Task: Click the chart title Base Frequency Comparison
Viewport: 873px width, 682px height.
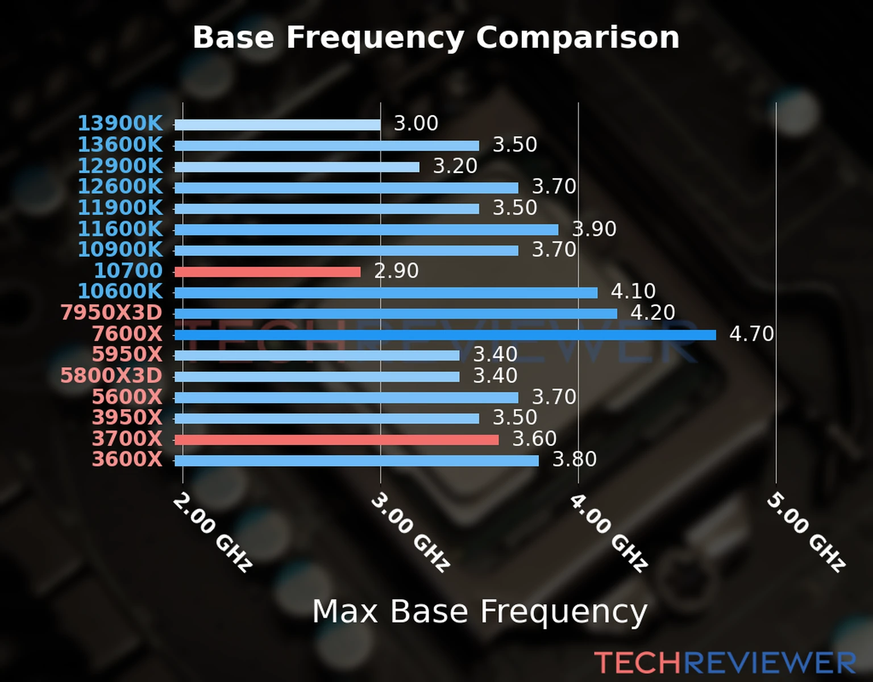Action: coord(436,38)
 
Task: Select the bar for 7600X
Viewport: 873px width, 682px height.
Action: coord(444,335)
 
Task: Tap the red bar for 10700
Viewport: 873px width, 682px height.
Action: coord(267,272)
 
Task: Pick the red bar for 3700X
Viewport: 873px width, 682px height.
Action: coord(336,439)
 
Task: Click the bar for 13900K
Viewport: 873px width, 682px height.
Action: coord(277,124)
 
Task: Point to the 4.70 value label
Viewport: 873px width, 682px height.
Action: coord(751,334)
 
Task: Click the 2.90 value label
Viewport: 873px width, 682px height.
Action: coord(396,271)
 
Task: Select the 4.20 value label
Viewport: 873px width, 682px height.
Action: coord(652,312)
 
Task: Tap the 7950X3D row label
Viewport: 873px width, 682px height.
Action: coord(111,312)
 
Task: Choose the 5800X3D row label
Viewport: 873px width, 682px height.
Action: coord(111,375)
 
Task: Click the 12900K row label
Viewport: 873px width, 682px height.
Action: coord(120,165)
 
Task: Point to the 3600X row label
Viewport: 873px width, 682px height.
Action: coord(127,459)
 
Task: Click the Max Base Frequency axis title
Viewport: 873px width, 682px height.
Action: coord(480,612)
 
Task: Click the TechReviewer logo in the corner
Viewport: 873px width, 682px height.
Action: coord(725,663)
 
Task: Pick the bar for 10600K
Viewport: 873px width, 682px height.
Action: coord(386,293)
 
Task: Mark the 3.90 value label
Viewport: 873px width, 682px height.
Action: coord(594,228)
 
